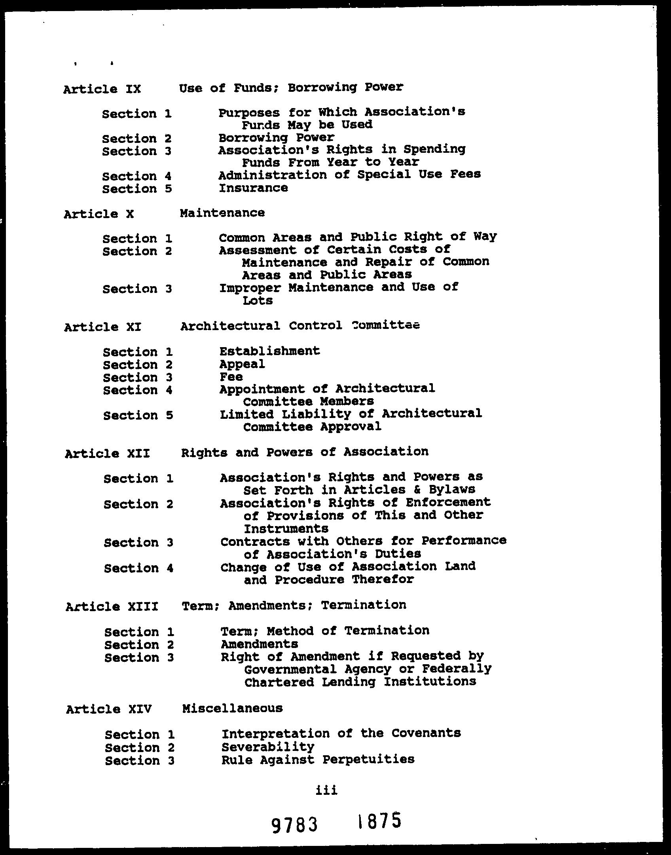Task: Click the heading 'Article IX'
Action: (102, 89)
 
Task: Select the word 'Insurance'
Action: (253, 188)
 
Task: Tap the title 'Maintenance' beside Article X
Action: (222, 213)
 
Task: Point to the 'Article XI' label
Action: (102, 327)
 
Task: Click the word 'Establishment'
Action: (269, 351)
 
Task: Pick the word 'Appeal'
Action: (242, 364)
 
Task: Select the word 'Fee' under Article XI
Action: (231, 377)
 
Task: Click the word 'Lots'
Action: (258, 301)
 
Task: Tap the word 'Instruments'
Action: (286, 529)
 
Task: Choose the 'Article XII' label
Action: (107, 453)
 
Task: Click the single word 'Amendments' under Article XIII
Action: (259, 644)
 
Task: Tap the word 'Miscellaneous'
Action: (232, 708)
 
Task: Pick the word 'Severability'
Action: (268, 747)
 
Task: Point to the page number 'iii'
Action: (326, 790)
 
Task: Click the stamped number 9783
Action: (295, 825)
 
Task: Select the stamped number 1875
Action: (379, 821)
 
